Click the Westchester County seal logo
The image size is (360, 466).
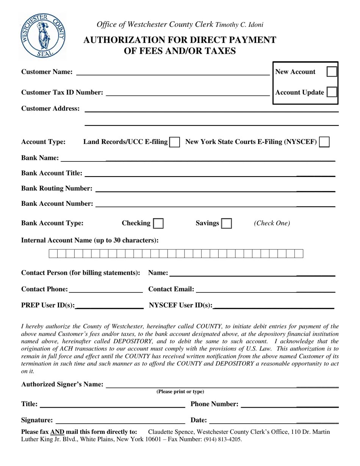43,35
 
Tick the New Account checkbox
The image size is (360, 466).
332,72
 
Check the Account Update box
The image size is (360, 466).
332,92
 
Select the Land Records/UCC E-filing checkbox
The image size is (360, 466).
175,142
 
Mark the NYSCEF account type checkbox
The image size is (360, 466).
324,142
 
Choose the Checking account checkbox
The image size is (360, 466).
158,224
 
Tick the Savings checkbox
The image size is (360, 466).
227,224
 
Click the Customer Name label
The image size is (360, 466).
47,72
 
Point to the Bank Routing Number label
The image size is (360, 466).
57,188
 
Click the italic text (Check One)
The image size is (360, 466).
272,223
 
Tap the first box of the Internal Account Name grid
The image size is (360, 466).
53,253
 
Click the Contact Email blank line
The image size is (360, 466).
265,290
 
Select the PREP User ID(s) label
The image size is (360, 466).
48,305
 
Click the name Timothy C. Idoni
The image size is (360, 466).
239,25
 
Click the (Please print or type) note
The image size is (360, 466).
180,392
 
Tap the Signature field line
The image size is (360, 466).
120,421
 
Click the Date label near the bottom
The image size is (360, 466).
199,420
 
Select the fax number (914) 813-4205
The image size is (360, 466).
223,440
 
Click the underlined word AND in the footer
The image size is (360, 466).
57,432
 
